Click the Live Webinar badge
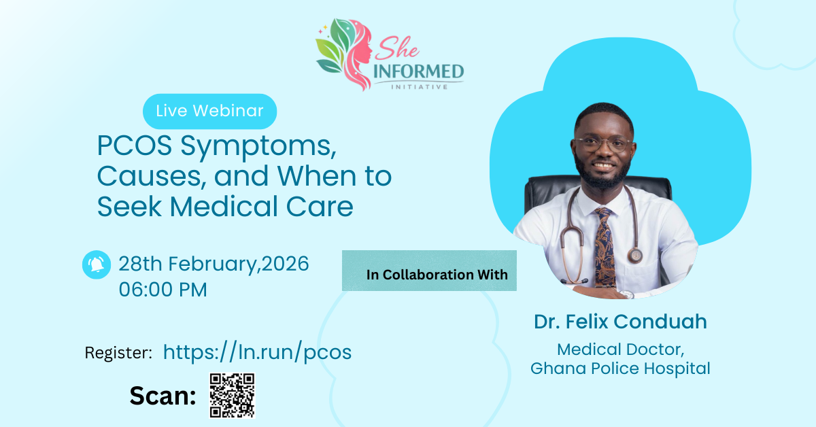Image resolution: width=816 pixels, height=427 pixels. [x=209, y=111]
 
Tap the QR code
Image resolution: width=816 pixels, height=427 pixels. [x=232, y=395]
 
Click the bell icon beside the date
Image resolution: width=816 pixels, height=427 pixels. [x=97, y=264]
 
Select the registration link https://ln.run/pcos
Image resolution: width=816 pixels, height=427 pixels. [x=257, y=352]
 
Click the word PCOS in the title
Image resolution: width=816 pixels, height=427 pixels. [x=134, y=146]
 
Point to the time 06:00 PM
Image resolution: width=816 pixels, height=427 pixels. [x=163, y=290]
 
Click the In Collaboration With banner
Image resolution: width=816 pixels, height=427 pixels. [x=429, y=271]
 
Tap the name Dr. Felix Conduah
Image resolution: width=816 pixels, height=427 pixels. [x=620, y=322]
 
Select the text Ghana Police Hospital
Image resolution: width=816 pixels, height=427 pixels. [x=620, y=369]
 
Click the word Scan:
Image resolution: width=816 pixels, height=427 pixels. [x=163, y=396]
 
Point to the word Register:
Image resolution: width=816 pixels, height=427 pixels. [x=118, y=353]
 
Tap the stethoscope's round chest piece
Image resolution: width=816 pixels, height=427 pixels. [x=635, y=256]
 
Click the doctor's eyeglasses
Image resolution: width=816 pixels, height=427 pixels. [x=603, y=144]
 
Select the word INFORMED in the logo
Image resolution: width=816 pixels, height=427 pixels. [x=419, y=71]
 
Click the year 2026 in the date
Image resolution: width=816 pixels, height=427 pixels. [x=285, y=263]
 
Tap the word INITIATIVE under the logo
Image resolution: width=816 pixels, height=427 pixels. [x=420, y=87]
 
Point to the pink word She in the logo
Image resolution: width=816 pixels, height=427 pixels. [x=397, y=48]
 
